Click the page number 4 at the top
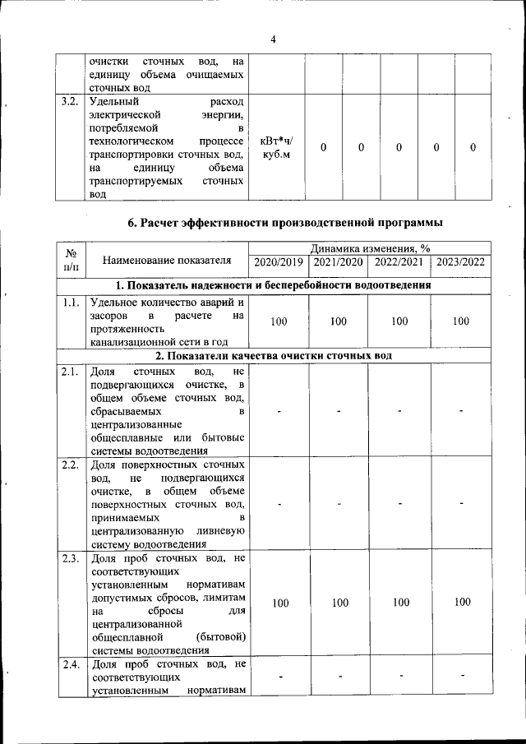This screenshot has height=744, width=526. coord(273,39)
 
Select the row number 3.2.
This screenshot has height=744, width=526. coord(70,102)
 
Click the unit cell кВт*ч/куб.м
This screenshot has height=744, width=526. coord(275,147)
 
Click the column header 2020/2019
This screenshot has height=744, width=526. coord(279,262)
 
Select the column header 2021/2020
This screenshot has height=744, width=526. coord(338,262)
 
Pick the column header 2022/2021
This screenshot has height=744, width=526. coord(399,262)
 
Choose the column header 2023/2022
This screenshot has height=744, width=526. coord(461,262)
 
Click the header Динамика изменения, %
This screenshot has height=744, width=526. coord(370,248)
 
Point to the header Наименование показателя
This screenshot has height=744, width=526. coord(167,261)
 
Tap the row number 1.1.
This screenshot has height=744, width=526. coord(70,302)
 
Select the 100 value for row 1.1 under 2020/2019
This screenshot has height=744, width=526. coord(279,321)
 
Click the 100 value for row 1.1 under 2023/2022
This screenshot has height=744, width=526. coord(461,321)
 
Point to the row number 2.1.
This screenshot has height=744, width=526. coord(70,372)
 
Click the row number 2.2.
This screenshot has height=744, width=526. coord(70,465)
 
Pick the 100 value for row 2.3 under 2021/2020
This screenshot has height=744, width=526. coord(339,603)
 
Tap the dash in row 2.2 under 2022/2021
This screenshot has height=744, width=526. coord(400,503)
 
